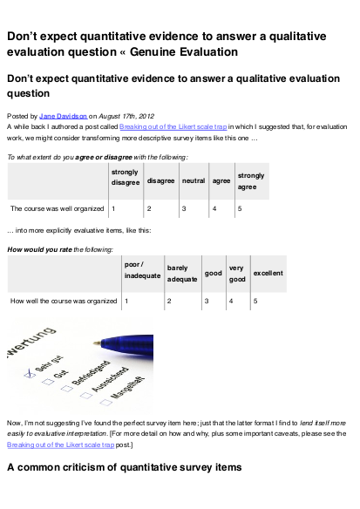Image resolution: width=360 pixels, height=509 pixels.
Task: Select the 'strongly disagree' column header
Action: coord(126,177)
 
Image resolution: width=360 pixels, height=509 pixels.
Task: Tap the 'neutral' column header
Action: coord(194,181)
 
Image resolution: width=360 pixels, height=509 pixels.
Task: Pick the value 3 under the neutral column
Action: coord(184,209)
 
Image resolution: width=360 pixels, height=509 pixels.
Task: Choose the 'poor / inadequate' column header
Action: coord(142,270)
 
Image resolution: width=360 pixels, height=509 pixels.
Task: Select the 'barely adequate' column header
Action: coord(181,275)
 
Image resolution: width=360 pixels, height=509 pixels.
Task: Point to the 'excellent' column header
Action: coord(267,275)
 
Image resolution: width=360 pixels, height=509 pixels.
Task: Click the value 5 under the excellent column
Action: coord(255,302)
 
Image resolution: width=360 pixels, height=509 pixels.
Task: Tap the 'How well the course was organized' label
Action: coord(63,302)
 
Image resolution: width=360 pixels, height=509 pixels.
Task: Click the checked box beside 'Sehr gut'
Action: coord(29,371)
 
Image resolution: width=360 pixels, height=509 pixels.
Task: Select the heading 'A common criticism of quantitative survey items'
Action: coord(124,468)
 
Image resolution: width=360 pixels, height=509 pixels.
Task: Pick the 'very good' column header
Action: coord(236,275)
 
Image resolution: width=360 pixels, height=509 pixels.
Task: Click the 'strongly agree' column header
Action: coord(251,181)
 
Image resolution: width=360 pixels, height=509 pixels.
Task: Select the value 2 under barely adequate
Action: coord(169,302)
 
